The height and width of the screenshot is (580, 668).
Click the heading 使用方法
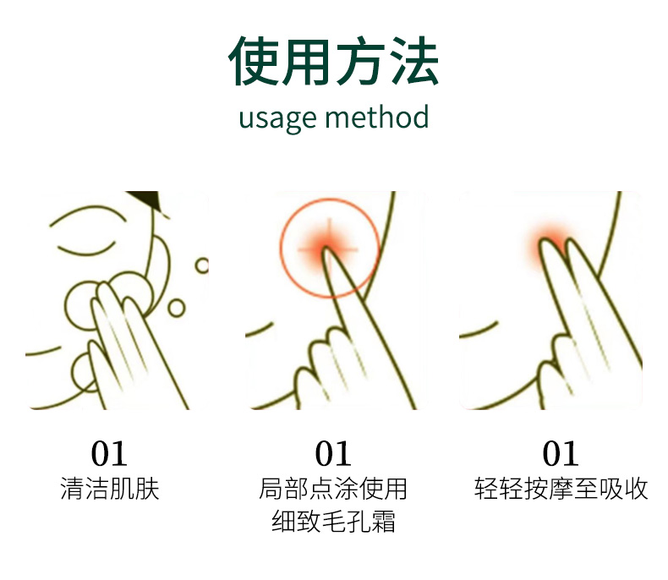(x=333, y=63)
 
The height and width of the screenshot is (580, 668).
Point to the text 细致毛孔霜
(x=333, y=522)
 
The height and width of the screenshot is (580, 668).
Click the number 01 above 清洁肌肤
(x=110, y=454)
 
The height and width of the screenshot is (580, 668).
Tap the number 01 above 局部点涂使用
(x=333, y=454)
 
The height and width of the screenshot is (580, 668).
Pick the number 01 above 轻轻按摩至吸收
(x=561, y=454)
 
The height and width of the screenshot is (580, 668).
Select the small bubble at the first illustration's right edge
(x=202, y=265)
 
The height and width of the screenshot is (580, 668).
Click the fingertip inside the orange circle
(x=331, y=254)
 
